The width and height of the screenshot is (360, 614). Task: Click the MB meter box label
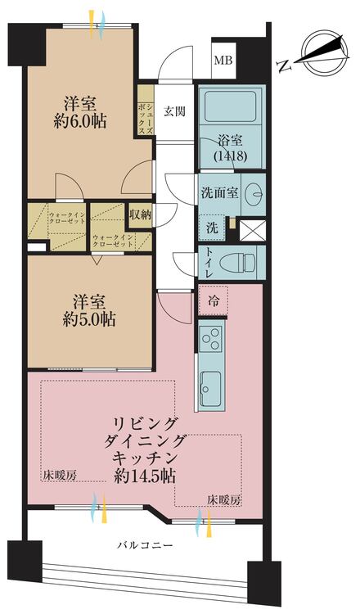tap(222, 61)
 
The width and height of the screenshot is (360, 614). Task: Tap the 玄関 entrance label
tap(173, 112)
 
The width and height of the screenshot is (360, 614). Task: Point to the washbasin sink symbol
tap(254, 194)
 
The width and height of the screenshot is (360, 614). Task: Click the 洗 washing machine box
tap(211, 227)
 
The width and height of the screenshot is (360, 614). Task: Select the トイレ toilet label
tap(209, 261)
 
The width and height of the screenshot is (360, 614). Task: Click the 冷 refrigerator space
tap(213, 300)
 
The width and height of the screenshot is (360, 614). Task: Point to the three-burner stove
tap(210, 339)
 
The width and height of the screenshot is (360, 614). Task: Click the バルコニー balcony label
tap(145, 544)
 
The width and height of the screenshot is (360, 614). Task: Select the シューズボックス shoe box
tap(146, 112)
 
